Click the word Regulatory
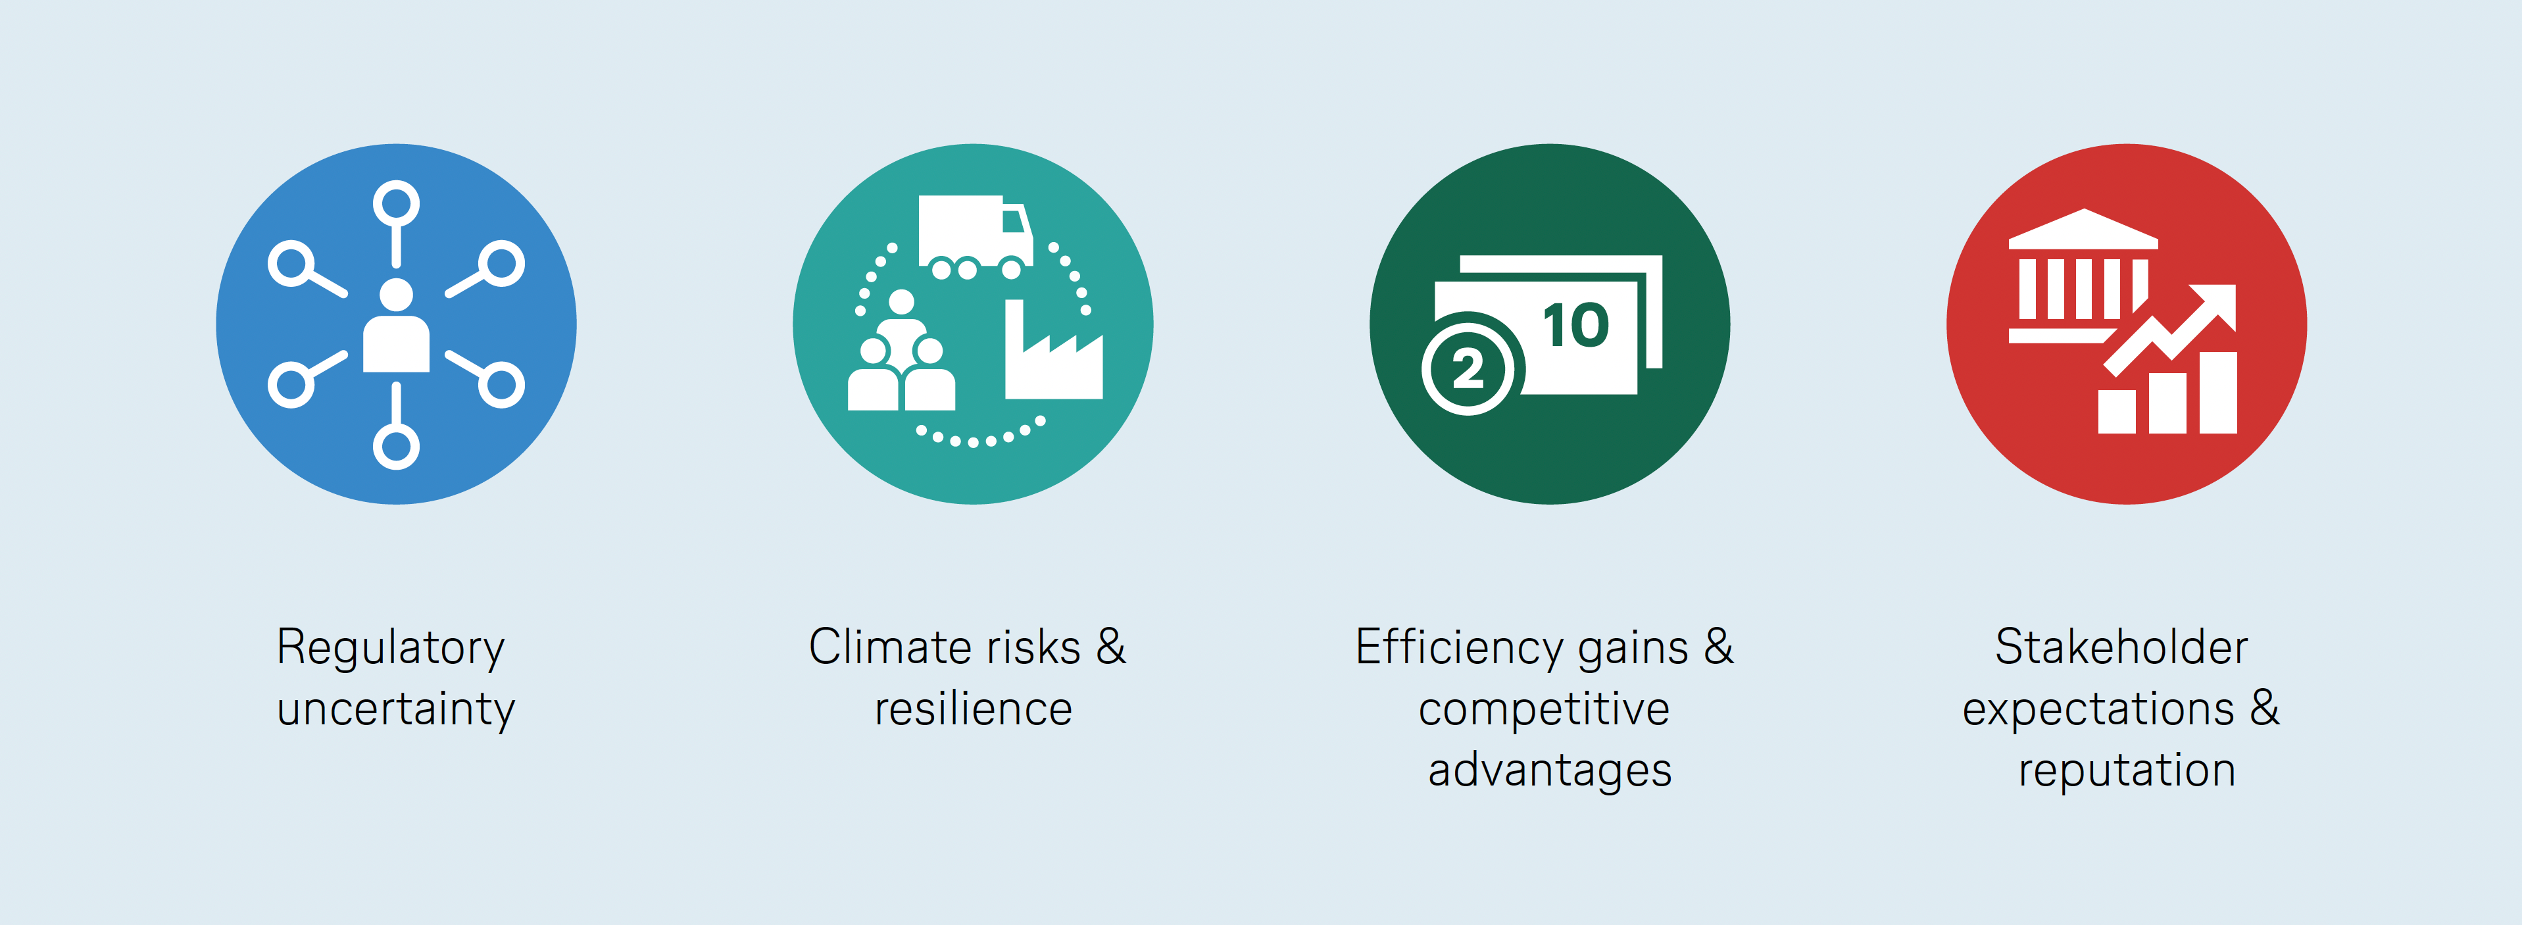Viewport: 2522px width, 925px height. pyautogui.click(x=391, y=649)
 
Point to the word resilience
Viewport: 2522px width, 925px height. pyautogui.click(x=973, y=709)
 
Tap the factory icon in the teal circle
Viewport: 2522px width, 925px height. pyautogui.click(x=1053, y=349)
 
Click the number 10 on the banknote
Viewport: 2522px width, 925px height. pyautogui.click(x=1576, y=325)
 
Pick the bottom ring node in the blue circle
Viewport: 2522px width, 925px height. pyautogui.click(x=395, y=446)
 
